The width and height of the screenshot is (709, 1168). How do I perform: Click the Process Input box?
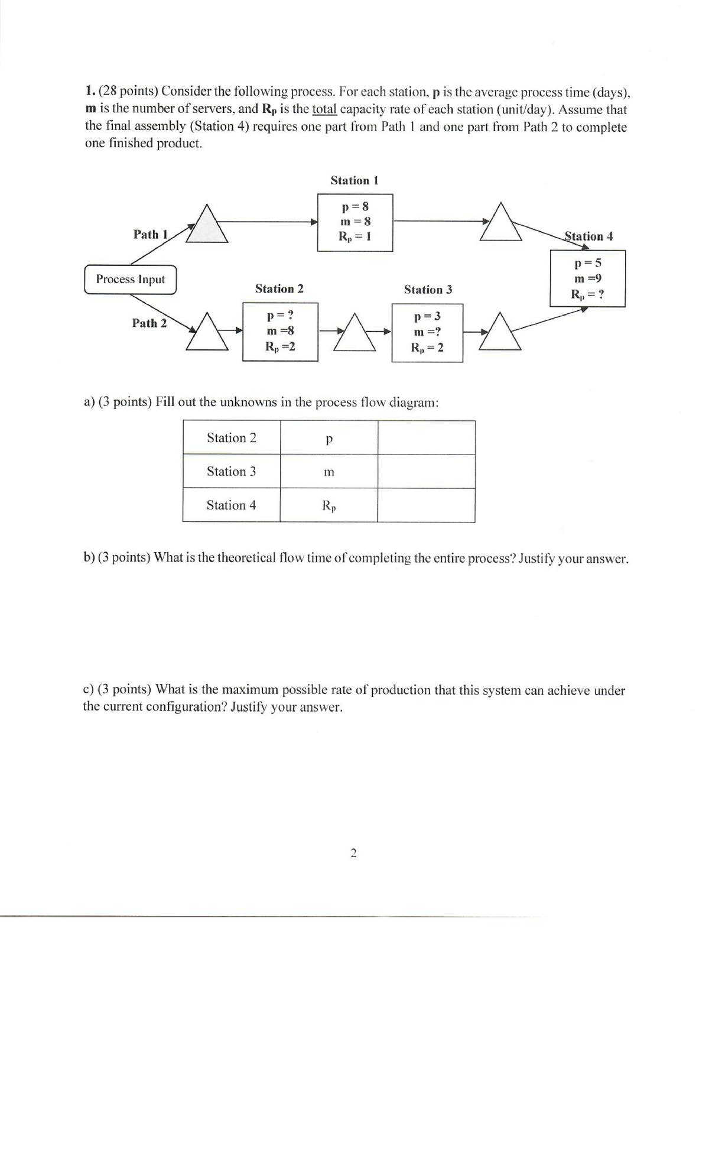coord(130,280)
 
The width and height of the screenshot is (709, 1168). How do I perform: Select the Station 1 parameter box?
coord(355,222)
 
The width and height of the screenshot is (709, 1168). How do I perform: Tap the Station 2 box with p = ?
coord(280,332)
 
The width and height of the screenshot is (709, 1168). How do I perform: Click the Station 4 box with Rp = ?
coord(587,278)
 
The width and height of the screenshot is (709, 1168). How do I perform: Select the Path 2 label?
coord(149,323)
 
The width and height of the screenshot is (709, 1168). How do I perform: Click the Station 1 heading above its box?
coord(354,181)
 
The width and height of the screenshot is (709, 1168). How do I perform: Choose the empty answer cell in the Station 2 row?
coord(426,438)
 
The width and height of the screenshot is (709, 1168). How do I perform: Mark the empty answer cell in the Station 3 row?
coord(426,472)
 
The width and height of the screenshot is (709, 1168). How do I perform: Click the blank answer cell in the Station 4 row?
coord(426,505)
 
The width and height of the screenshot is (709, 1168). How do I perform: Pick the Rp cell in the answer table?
coord(329,506)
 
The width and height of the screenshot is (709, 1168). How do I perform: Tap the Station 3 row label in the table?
coord(232,472)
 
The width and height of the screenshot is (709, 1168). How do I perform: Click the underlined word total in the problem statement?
coord(324,109)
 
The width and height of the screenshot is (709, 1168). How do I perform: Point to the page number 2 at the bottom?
coord(353,853)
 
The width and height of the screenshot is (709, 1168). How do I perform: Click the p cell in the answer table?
coord(329,439)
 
